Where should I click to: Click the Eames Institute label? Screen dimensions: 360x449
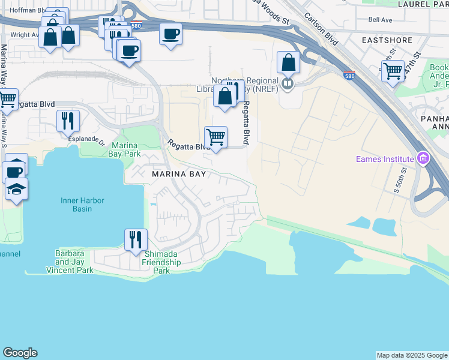click(x=384, y=159)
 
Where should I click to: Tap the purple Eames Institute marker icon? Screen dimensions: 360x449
click(x=423, y=158)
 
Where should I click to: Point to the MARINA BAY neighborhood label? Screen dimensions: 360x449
click(x=179, y=174)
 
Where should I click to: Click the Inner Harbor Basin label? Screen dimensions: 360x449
click(x=85, y=205)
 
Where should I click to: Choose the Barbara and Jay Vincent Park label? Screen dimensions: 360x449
click(x=74, y=262)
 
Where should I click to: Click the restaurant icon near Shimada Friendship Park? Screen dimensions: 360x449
click(x=136, y=239)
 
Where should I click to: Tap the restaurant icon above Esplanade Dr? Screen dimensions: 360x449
click(x=68, y=120)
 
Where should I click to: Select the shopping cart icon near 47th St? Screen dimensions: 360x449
click(x=393, y=71)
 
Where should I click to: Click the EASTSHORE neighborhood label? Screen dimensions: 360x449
click(x=387, y=40)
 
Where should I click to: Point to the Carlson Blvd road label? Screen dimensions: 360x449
click(x=321, y=27)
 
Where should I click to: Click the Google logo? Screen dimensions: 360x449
click(x=20, y=353)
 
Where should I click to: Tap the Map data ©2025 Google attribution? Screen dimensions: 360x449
click(x=412, y=355)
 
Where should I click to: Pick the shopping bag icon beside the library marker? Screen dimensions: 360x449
click(x=289, y=62)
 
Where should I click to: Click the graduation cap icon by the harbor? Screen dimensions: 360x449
click(x=16, y=190)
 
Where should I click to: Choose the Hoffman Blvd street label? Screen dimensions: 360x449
click(x=22, y=10)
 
